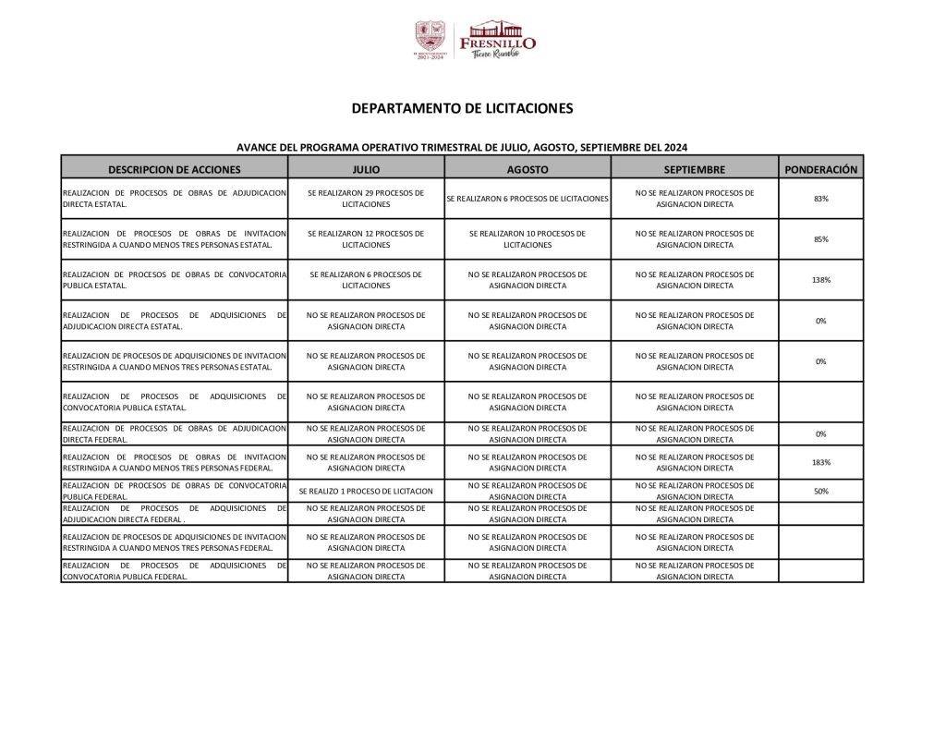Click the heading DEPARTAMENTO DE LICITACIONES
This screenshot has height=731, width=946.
(462, 109)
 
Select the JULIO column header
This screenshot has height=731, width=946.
(366, 170)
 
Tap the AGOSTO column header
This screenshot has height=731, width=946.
(528, 170)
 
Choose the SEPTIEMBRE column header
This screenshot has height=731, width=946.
(694, 170)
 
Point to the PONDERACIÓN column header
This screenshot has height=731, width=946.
(820, 170)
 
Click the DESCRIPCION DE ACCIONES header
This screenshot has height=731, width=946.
(175, 170)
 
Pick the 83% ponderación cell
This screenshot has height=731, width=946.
(820, 199)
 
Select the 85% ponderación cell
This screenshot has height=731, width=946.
(820, 239)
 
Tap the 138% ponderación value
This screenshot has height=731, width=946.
(820, 280)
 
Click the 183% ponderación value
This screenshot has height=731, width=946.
(820, 462)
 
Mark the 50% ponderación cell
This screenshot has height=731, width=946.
(820, 492)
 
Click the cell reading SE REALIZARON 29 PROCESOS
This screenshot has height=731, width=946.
(366, 199)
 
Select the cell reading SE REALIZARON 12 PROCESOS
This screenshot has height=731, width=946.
(366, 239)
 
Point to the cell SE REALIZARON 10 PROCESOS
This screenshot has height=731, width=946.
(528, 239)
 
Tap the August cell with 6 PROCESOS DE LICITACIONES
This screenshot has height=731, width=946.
(528, 199)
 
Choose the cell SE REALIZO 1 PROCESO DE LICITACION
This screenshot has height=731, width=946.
(366, 492)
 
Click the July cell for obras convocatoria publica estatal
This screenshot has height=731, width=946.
(366, 280)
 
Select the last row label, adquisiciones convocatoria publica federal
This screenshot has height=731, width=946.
(175, 570)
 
